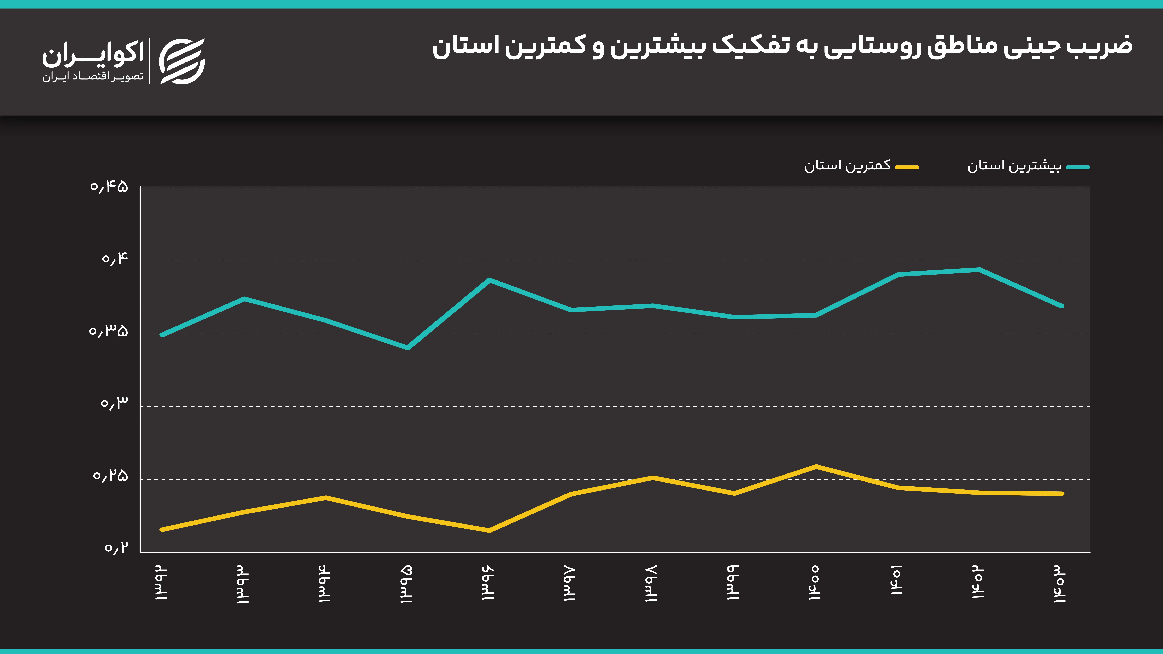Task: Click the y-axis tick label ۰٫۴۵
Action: click(109, 186)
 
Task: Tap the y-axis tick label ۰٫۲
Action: click(116, 548)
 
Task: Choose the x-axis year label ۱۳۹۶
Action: click(488, 582)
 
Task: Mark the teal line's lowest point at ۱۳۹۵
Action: click(408, 347)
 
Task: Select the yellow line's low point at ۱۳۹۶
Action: click(489, 530)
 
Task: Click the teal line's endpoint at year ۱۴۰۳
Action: click(1062, 306)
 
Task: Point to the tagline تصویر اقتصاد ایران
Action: click(93, 77)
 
